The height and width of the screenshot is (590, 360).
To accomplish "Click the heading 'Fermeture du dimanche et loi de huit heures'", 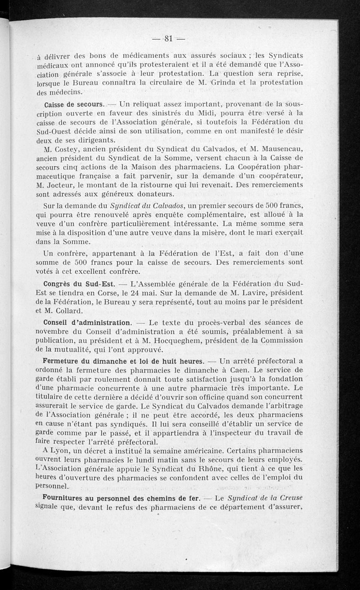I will tap(124, 361).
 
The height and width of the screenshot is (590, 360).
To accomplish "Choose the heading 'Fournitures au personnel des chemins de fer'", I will tap(121, 498).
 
